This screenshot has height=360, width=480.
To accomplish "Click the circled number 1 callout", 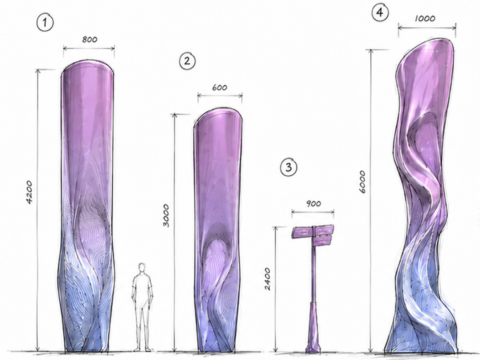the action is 45,23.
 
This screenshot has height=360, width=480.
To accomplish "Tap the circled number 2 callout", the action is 187,61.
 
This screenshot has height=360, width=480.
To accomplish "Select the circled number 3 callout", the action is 289,167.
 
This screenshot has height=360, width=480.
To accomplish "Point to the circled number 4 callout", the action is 380,13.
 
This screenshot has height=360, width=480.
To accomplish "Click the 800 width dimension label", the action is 90,40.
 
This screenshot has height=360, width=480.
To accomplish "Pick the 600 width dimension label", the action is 220,87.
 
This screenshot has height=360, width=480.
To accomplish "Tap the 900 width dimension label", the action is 313,204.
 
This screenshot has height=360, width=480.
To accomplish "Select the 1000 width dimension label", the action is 425,19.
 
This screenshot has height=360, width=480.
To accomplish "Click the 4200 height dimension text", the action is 29,192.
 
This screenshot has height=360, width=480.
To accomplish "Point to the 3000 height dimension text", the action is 166,215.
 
